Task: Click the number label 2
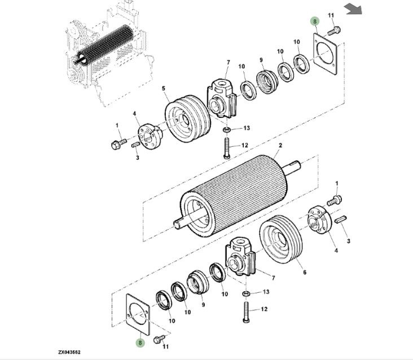click(x=279, y=146)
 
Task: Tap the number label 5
click(x=163, y=89)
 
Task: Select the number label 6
click(x=304, y=273)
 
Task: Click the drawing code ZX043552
click(x=69, y=352)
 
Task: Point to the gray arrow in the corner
click(x=353, y=8)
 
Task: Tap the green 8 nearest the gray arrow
click(x=315, y=21)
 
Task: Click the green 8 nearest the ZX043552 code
click(x=139, y=342)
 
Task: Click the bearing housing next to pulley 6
click(x=241, y=257)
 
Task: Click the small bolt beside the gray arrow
click(x=333, y=28)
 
